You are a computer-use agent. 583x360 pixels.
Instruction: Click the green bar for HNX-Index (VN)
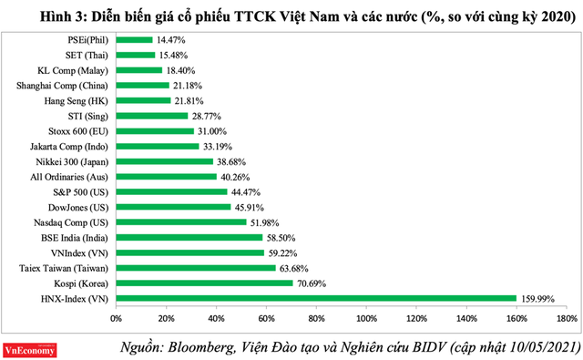tap(315, 298)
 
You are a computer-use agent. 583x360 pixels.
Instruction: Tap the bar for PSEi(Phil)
tap(133, 39)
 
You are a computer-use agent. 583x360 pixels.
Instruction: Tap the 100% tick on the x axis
tap(365, 319)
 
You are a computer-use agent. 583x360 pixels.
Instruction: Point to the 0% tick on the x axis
tap(116, 319)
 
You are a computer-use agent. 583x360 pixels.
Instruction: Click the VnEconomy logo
tap(32, 347)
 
